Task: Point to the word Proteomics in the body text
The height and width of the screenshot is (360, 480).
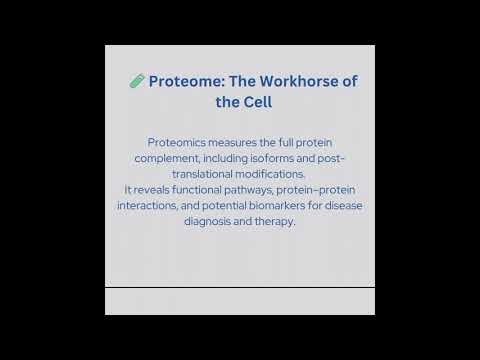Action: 177,142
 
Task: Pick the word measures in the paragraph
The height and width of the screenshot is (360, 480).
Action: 238,142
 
